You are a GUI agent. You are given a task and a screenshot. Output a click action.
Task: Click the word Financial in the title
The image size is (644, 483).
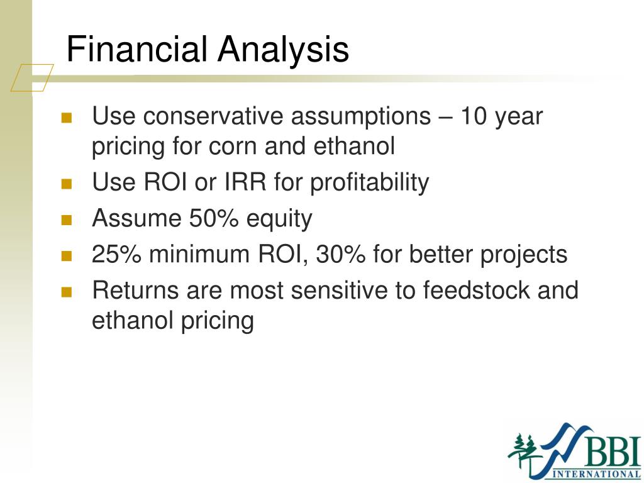(x=136, y=49)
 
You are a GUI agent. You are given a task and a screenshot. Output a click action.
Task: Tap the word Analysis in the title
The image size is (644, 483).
(x=284, y=50)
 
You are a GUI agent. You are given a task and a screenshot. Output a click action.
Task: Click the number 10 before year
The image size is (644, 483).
(x=473, y=116)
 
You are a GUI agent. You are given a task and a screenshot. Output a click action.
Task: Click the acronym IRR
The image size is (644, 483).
(x=246, y=182)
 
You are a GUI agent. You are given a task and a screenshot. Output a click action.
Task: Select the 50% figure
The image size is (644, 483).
(x=214, y=218)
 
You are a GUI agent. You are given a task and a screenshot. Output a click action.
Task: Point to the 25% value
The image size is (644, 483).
(x=116, y=254)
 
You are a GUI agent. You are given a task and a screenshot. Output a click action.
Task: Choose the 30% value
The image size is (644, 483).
(x=341, y=254)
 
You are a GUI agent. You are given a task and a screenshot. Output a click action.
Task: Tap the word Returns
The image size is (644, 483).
(x=136, y=290)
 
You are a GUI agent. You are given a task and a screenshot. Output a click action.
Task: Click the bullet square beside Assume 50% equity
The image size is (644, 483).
(x=67, y=220)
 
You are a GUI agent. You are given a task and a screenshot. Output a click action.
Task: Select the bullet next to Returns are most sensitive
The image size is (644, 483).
(x=67, y=292)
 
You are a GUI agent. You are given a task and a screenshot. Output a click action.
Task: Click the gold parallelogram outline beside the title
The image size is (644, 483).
(x=32, y=77)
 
